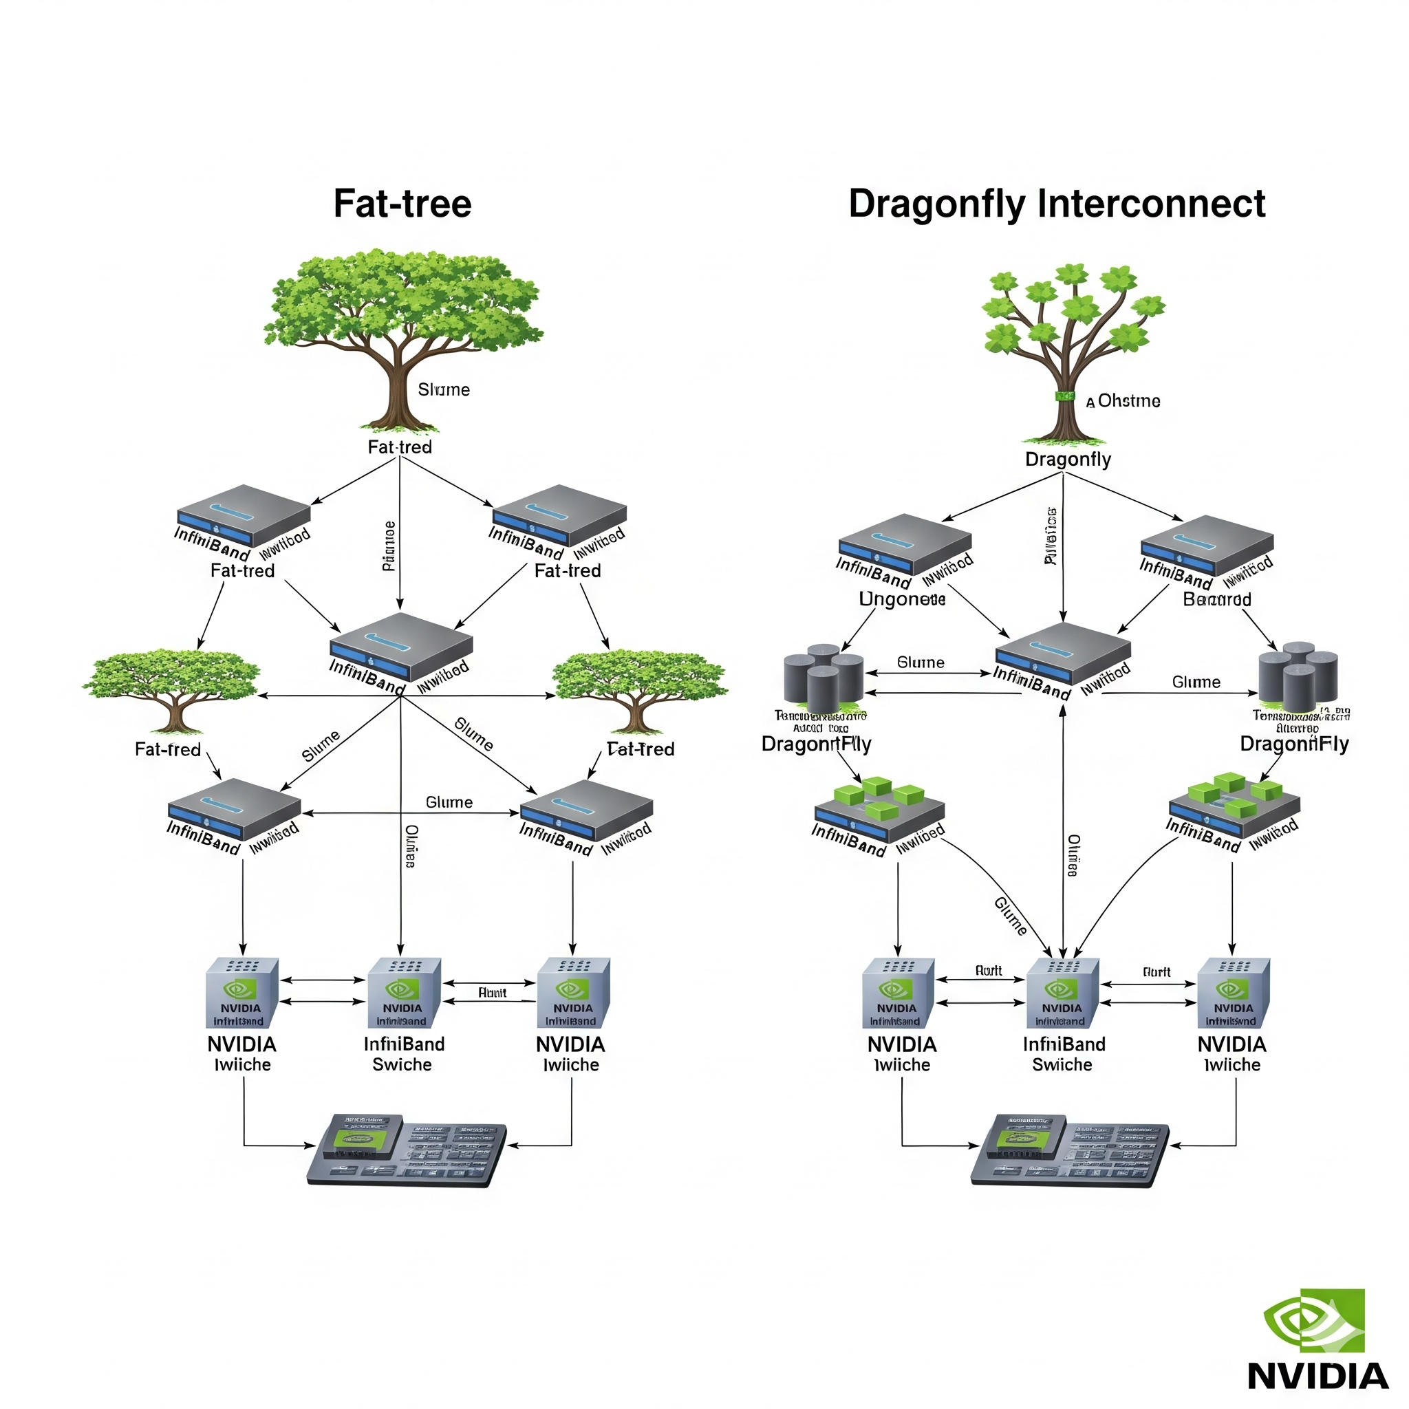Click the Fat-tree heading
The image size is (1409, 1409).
point(402,204)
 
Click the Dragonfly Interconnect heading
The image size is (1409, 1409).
point(1056,204)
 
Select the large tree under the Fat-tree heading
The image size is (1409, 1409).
point(402,336)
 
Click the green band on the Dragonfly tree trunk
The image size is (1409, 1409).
point(1065,396)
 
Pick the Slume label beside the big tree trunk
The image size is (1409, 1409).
point(444,389)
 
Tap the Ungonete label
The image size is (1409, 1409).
point(902,599)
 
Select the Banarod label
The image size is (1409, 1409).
point(1216,599)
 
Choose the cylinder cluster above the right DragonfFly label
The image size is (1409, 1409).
point(1298,677)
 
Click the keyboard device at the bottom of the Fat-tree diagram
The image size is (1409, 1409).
point(406,1150)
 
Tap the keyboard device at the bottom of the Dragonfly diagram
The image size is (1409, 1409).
point(1069,1150)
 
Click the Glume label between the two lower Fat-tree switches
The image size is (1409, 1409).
point(449,802)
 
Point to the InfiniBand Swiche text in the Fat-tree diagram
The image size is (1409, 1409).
point(403,1055)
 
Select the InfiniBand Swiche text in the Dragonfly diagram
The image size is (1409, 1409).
point(1064,1055)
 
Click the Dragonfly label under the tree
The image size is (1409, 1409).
point(1068,460)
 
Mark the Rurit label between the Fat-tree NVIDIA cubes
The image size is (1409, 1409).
point(493,993)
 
